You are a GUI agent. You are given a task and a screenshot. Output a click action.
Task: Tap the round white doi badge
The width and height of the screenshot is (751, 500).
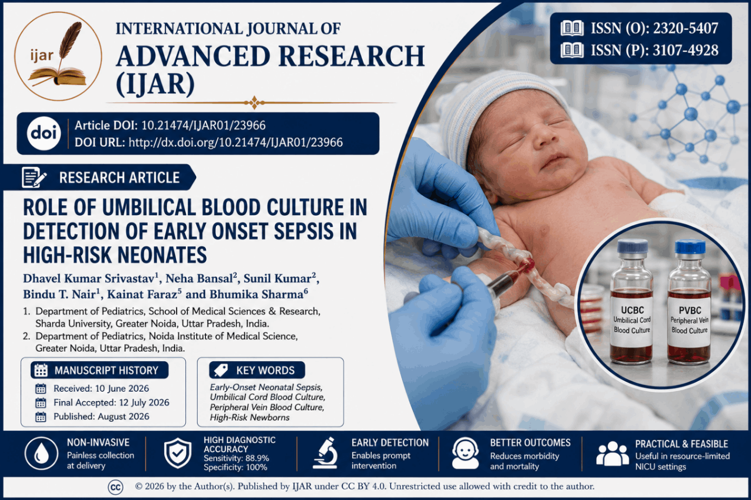[43, 134]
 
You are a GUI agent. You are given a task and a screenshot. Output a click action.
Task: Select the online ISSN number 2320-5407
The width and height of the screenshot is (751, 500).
[685, 28]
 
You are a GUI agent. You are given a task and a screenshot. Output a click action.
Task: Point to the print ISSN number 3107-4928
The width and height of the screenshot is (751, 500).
[685, 50]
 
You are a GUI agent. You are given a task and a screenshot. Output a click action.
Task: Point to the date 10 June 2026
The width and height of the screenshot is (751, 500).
[122, 388]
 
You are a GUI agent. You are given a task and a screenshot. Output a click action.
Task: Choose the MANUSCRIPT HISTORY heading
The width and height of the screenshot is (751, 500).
[106, 371]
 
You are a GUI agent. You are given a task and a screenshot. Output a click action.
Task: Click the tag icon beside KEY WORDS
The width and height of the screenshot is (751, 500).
[221, 371]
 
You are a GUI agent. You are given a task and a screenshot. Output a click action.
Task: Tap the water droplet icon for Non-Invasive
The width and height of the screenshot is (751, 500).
[42, 453]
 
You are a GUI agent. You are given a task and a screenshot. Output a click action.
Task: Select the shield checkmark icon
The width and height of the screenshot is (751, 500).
[178, 453]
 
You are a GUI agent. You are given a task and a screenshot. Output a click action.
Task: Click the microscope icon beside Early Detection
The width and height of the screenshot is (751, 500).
[325, 452]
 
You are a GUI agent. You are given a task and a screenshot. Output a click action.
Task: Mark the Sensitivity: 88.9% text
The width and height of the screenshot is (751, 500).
[236, 458]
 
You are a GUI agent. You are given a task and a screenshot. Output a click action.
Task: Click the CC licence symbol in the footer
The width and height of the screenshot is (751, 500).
[115, 487]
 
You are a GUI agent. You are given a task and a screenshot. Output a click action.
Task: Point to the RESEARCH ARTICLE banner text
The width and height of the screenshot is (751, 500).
[119, 178]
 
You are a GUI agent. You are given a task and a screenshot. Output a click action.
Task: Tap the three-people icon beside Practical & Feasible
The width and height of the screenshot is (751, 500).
[612, 454]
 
